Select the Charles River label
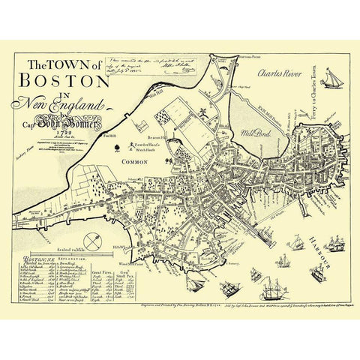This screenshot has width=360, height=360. pyautogui.click(x=279, y=74)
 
